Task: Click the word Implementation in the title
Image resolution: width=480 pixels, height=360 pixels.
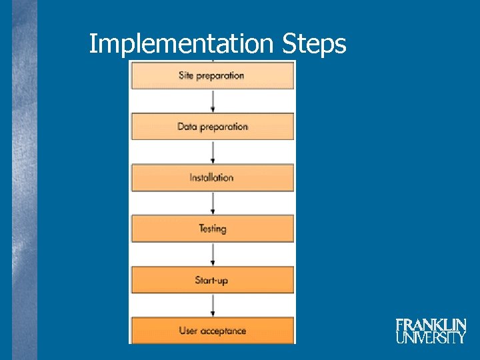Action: [181, 45]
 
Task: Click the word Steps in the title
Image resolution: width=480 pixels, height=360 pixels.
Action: [313, 45]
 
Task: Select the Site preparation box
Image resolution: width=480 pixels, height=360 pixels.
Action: [212, 75]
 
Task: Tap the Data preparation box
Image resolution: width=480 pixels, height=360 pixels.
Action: [212, 127]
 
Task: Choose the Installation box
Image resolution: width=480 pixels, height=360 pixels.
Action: [212, 177]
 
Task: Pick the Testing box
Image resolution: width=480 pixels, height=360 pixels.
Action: [212, 229]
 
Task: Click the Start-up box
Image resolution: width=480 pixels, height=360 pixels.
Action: [212, 280]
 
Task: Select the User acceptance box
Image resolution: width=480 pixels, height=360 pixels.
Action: [212, 331]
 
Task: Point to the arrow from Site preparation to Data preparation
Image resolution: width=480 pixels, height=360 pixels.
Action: [213, 101]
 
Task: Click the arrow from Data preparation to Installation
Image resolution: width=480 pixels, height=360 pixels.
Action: [213, 152]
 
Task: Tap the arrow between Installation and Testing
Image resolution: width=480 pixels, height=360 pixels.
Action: [213, 203]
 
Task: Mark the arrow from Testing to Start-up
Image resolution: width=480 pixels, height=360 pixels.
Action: [213, 254]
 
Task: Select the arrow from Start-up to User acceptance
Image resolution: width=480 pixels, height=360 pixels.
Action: [213, 305]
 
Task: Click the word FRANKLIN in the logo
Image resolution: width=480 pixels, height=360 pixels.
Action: [431, 325]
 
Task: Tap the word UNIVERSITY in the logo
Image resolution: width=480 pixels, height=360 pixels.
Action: [431, 338]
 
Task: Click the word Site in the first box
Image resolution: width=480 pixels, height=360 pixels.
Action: [186, 75]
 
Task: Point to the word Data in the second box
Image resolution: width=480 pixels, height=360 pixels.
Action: [187, 127]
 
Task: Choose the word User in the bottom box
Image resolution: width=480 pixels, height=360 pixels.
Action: [189, 331]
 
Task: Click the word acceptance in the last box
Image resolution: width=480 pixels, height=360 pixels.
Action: [223, 331]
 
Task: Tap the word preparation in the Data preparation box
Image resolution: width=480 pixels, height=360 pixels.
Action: [223, 127]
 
